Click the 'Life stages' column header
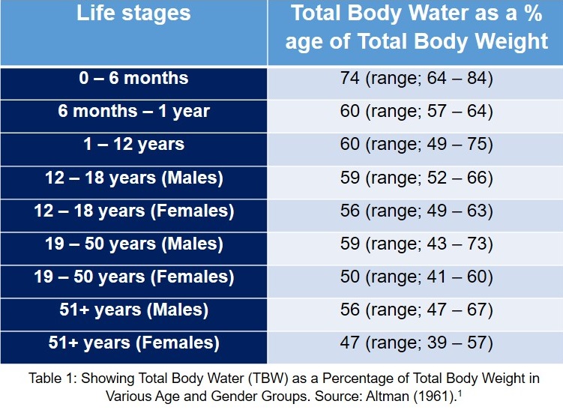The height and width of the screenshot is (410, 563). point(133,13)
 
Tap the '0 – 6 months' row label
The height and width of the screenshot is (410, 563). point(133,79)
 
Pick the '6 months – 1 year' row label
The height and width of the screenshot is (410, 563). point(133,112)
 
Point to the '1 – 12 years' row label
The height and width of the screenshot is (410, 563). point(133,145)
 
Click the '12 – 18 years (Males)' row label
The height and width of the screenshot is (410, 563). point(133,178)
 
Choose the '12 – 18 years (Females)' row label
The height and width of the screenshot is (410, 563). point(133,211)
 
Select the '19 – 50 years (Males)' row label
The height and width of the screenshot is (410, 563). point(133,244)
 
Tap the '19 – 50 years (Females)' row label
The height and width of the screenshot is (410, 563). point(133,277)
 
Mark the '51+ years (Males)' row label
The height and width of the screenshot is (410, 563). point(133,310)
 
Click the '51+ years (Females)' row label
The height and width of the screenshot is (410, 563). point(133,343)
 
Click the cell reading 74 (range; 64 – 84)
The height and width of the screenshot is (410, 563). point(416,79)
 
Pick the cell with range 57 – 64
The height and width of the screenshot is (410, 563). point(416,112)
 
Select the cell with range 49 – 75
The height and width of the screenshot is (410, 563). point(416,145)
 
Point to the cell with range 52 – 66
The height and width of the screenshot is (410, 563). point(416,178)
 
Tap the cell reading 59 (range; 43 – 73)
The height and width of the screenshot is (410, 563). point(416,244)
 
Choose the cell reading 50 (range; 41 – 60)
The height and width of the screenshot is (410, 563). point(416,277)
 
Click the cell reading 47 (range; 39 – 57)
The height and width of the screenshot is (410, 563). point(416,343)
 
